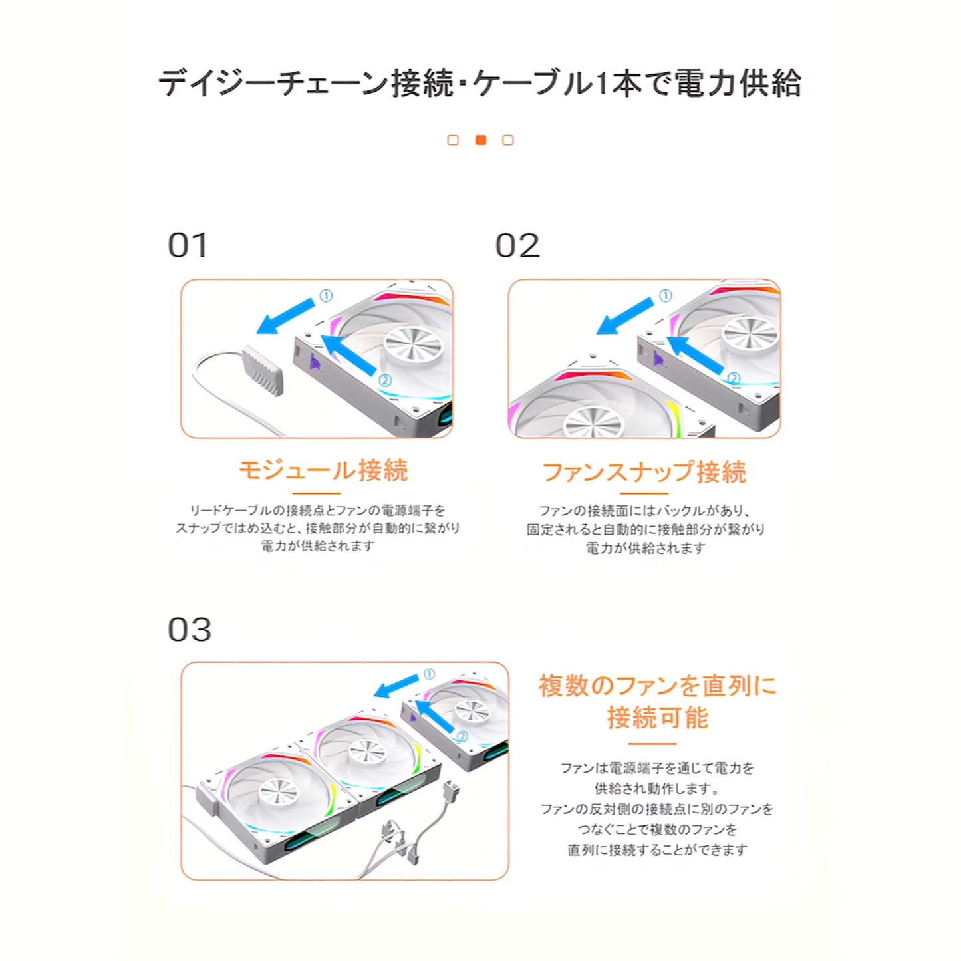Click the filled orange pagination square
pos(480,140)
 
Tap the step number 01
pos(188,245)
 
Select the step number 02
pos(517,245)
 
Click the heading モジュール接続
pos(323,470)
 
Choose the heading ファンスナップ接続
pos(644,472)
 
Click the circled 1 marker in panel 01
pos(326,296)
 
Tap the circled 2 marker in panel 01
pos(384,380)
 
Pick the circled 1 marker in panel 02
pos(665,296)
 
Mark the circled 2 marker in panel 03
pos(462,736)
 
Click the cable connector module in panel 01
pos(263,371)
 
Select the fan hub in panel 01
pos(414,344)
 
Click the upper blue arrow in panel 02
pos(625,316)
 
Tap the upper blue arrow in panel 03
pos(396,686)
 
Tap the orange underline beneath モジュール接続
pos(317,493)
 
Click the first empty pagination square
pos(453,140)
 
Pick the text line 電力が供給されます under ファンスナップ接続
pos(645,548)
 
